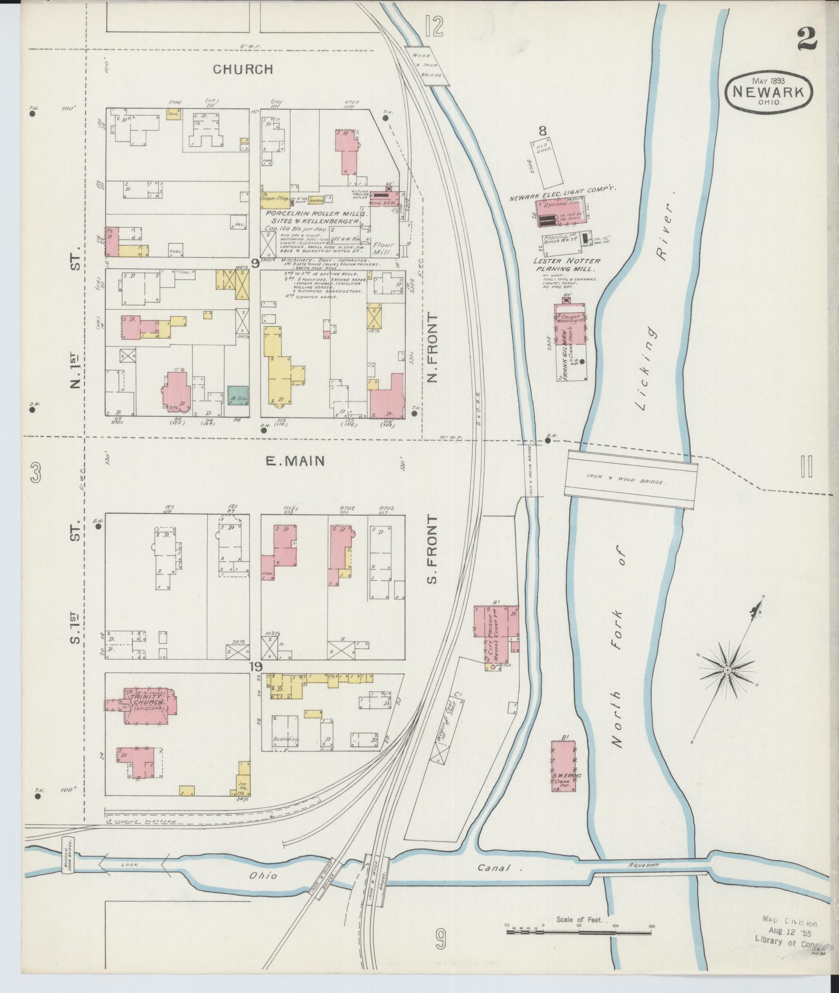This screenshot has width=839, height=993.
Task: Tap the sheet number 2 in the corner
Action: pos(807,39)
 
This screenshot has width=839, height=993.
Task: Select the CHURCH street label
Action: pos(243,69)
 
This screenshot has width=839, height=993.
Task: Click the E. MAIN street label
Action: pos(295,461)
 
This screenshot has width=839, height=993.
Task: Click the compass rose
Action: pos(727,669)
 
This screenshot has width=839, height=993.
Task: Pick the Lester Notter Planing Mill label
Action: pos(566,265)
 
